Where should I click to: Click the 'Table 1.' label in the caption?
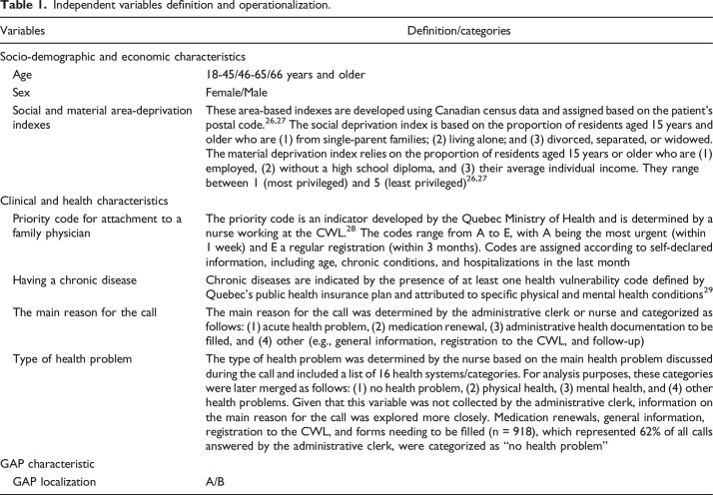(x=24, y=10)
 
